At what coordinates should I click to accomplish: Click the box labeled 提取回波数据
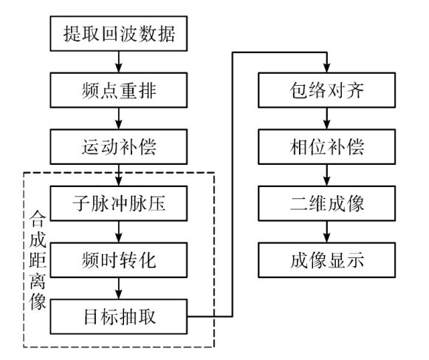pyautogui.click(x=118, y=33)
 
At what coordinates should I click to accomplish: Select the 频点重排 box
pyautogui.click(x=118, y=90)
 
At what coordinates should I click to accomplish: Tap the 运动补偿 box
pyautogui.click(x=118, y=147)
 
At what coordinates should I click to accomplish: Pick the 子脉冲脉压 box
pyautogui.click(x=118, y=203)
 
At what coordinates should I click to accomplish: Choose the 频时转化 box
pyautogui.click(x=118, y=260)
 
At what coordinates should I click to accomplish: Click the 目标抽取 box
pyautogui.click(x=118, y=316)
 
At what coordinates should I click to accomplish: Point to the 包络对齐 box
pyautogui.click(x=326, y=90)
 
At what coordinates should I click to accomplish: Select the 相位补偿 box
pyautogui.click(x=326, y=147)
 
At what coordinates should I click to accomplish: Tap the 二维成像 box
pyautogui.click(x=326, y=203)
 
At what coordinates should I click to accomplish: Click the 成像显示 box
pyautogui.click(x=326, y=260)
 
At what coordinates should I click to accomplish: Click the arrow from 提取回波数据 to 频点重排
pyautogui.click(x=118, y=62)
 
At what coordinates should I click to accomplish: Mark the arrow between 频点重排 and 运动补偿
pyautogui.click(x=118, y=118)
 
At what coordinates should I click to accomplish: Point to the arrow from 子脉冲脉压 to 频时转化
pyautogui.click(x=118, y=232)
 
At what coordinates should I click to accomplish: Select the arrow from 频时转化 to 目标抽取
pyautogui.click(x=118, y=288)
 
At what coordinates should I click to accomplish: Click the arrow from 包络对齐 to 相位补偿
pyautogui.click(x=326, y=118)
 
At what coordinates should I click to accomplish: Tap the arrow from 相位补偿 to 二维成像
pyautogui.click(x=326, y=175)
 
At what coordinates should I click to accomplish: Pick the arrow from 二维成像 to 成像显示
pyautogui.click(x=326, y=232)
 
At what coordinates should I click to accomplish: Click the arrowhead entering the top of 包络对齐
pyautogui.click(x=326, y=68)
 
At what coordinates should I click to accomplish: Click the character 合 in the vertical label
pyautogui.click(x=38, y=219)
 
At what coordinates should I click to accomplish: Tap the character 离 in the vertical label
pyautogui.click(x=38, y=281)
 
